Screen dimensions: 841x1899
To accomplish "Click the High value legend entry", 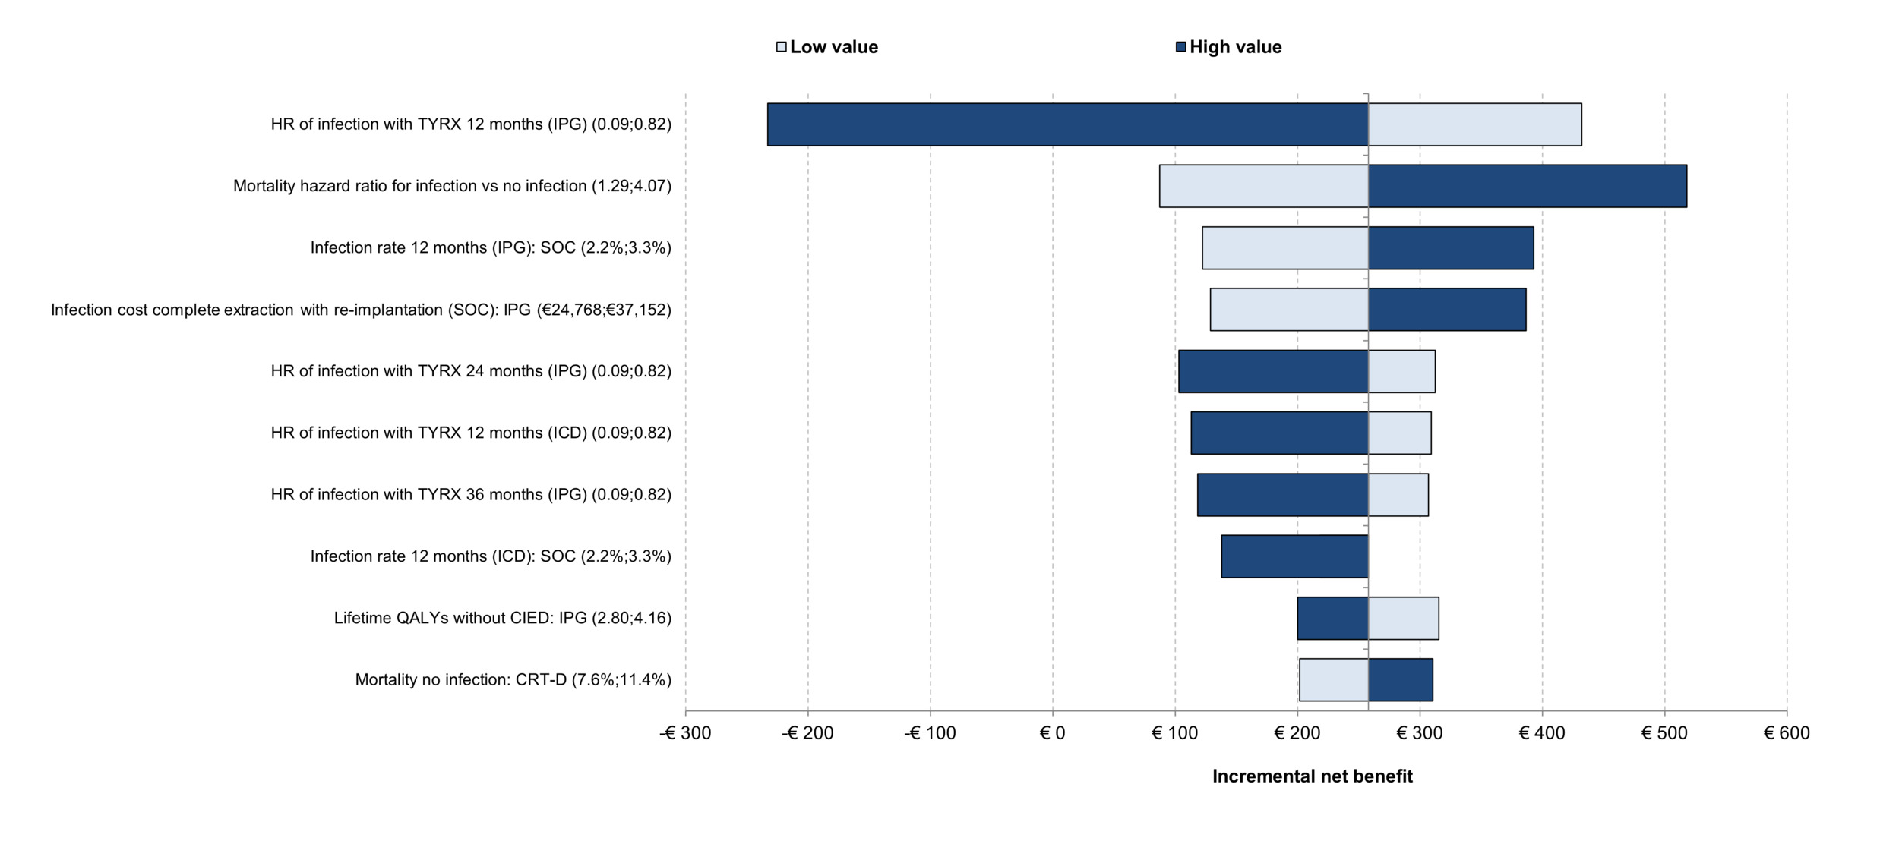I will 1228,47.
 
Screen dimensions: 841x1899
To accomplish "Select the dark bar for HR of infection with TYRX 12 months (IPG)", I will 1067,124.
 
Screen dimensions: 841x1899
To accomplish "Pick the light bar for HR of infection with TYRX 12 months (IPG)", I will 1474,124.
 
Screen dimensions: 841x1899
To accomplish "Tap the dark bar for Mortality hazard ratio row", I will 1527,186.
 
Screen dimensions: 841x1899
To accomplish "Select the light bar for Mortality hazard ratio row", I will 1263,186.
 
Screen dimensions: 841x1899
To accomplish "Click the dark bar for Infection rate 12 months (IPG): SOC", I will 1450,247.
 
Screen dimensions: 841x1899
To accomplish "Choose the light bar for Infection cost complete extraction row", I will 1288,309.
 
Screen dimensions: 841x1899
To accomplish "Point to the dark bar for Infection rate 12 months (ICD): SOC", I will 1294,556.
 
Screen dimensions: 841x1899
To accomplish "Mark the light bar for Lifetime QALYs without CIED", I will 1403,618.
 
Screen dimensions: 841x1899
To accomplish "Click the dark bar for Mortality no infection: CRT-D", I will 1400,679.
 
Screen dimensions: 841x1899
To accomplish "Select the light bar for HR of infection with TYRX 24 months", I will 1401,371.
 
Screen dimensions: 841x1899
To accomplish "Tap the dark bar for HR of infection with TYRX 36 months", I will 1282,495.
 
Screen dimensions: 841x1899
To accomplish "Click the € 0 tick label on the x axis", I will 1052,732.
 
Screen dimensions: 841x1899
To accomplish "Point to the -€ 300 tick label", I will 685,732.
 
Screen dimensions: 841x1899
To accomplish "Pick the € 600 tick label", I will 1787,732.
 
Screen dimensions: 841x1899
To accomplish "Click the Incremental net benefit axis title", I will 1312,776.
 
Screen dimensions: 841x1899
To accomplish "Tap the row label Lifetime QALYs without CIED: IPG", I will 502,618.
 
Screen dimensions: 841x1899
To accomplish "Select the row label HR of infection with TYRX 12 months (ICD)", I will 471,433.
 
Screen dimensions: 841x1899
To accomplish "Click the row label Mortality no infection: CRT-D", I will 513,679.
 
